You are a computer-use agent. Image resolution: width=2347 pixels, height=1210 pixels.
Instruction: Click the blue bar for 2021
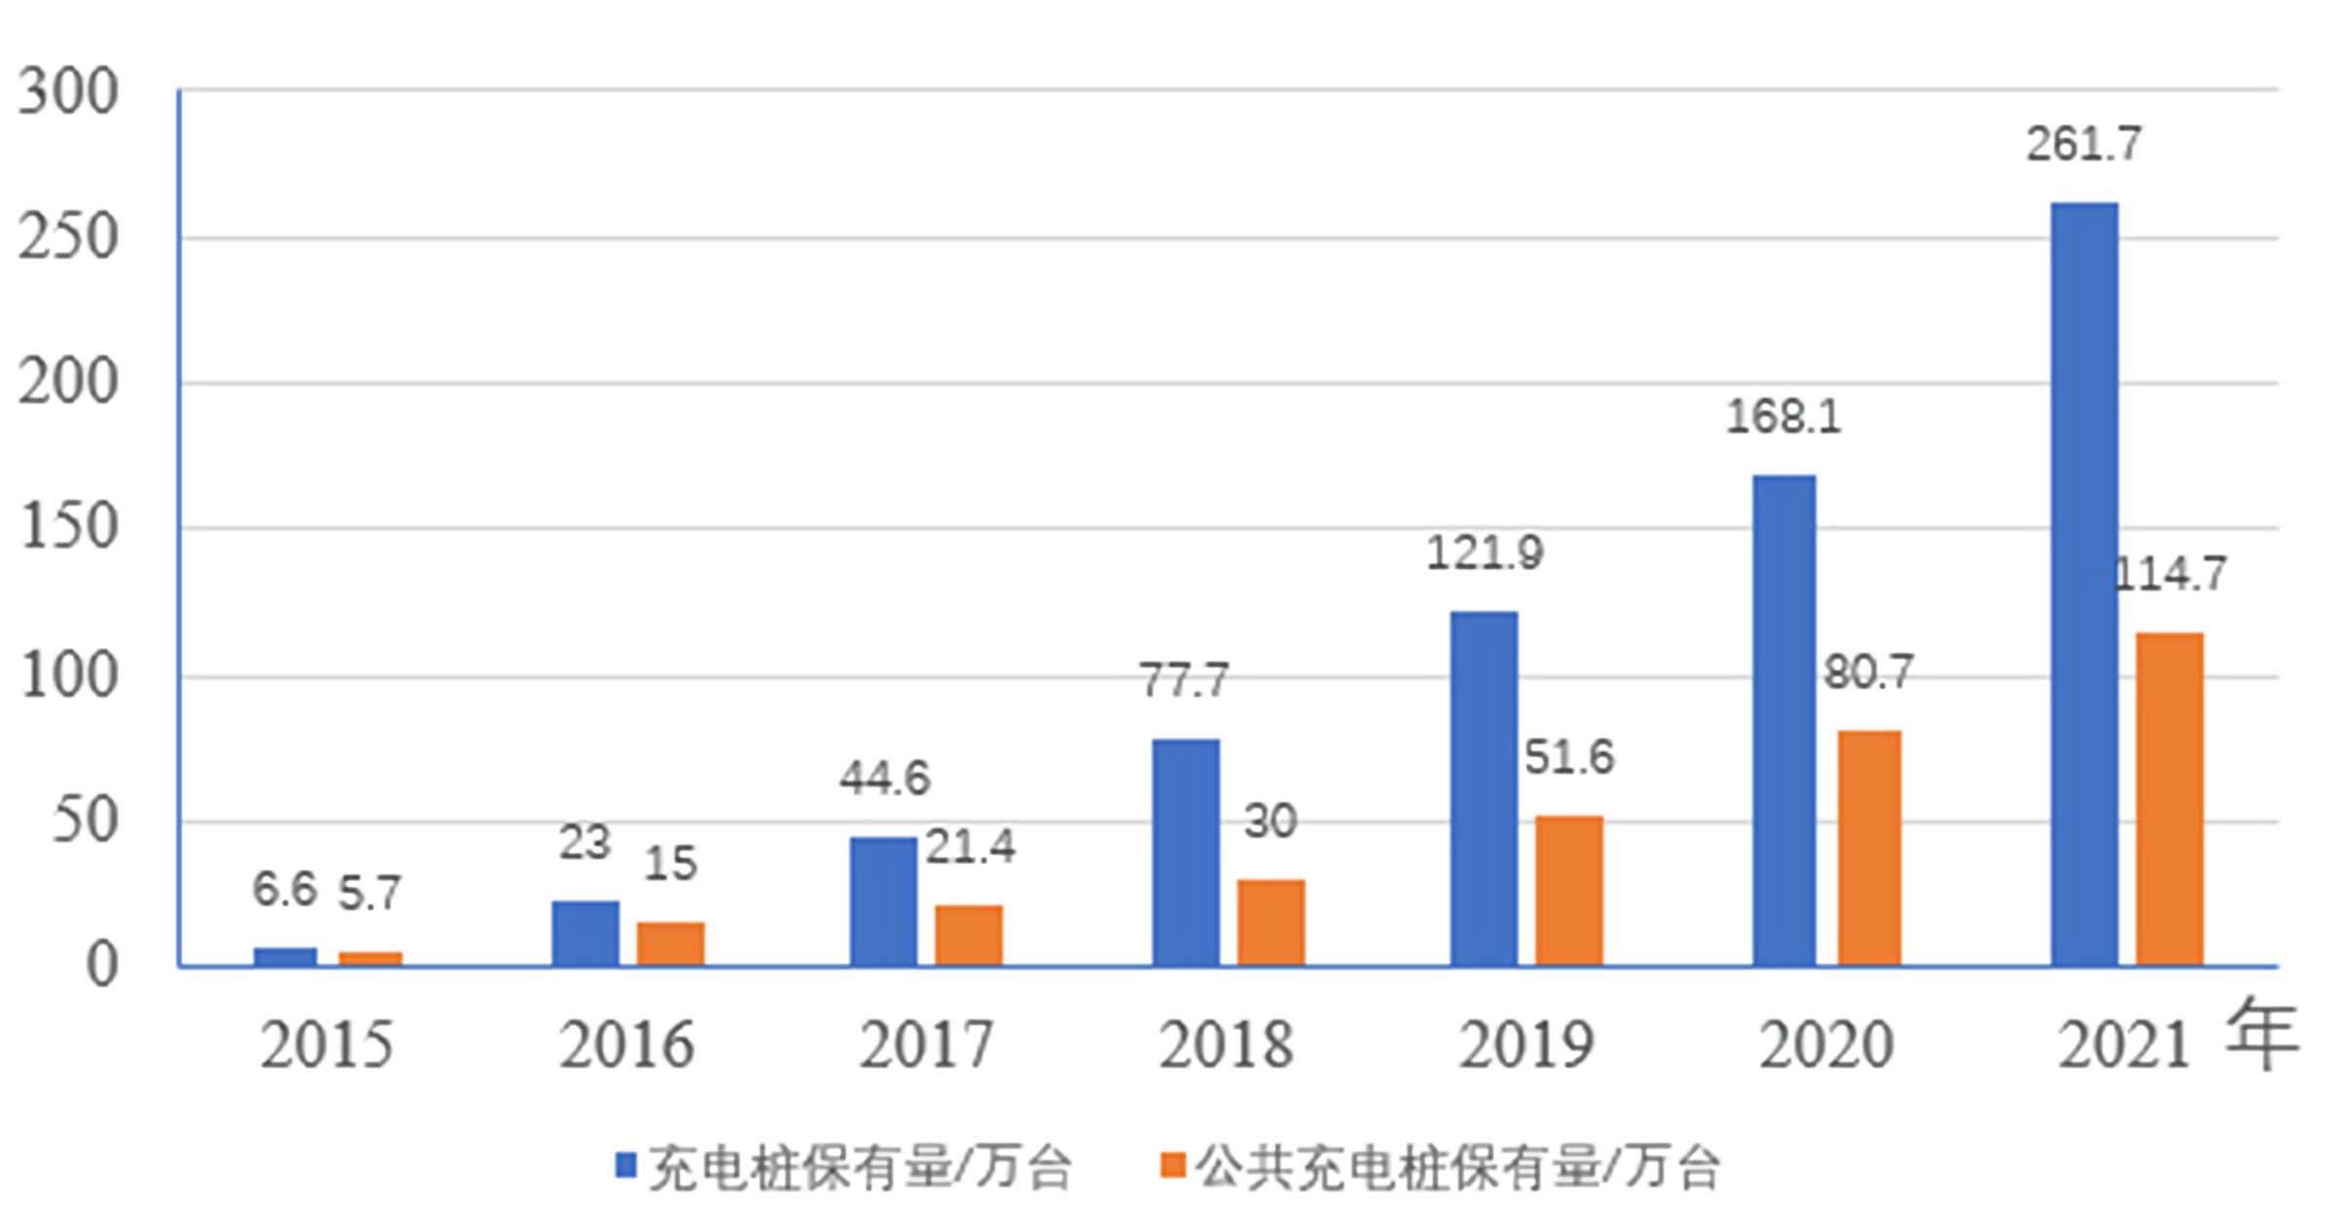click(2083, 584)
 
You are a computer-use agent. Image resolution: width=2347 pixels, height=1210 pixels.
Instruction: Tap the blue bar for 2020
click(1784, 720)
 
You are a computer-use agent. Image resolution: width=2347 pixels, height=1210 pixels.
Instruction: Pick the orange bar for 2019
click(1569, 890)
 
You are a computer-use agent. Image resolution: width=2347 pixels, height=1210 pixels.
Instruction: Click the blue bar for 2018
click(1185, 852)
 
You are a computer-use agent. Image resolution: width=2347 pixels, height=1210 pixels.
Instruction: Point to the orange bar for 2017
click(968, 935)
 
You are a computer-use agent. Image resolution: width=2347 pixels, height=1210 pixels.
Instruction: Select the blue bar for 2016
click(585, 933)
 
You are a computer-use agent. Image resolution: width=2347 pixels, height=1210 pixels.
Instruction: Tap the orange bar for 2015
click(370, 958)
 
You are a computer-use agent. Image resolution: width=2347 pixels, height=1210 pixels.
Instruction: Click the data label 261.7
click(2083, 145)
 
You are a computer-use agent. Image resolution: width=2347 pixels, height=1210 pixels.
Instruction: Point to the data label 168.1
click(1783, 417)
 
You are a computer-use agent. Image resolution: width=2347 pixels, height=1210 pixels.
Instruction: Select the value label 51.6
click(1568, 758)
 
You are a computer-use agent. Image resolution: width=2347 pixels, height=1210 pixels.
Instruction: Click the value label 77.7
click(1184, 680)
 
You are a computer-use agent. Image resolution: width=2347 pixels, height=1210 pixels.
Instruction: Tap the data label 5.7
click(370, 893)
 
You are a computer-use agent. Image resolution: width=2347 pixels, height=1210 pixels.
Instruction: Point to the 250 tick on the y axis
click(68, 236)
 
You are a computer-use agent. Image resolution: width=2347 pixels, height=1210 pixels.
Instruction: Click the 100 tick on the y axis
click(68, 676)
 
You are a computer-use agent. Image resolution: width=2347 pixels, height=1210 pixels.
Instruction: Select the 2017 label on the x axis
click(925, 1046)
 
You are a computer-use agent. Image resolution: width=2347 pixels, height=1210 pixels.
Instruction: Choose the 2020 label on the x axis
click(1826, 1046)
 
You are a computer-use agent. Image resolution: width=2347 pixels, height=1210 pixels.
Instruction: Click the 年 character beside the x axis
click(2261, 1035)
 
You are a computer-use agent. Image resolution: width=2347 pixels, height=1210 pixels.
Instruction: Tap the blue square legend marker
click(626, 1164)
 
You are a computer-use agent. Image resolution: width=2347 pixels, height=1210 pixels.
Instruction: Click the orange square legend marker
click(1173, 1164)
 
